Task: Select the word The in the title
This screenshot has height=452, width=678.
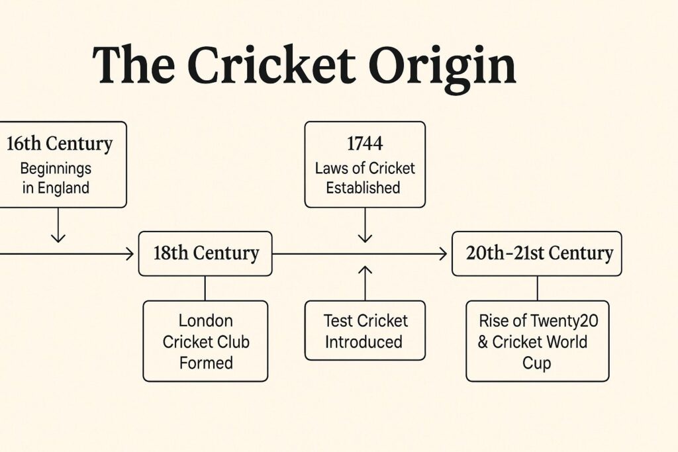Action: (x=133, y=66)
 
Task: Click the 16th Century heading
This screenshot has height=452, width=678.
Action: (x=60, y=144)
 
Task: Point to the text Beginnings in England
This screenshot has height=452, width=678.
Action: (x=56, y=177)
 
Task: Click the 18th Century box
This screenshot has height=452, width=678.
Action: (x=205, y=253)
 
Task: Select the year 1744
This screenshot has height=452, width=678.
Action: (x=365, y=144)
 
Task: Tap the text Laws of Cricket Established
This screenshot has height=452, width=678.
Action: (x=365, y=177)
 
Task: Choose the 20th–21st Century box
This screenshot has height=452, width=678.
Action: (x=536, y=253)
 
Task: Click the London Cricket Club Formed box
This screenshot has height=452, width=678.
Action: (x=205, y=341)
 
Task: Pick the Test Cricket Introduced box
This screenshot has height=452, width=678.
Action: (x=365, y=331)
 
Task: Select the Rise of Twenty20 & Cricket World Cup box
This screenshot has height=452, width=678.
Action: (x=537, y=341)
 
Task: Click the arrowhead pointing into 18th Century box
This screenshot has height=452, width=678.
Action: (x=130, y=253)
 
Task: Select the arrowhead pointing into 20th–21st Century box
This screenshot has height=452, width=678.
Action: (x=443, y=253)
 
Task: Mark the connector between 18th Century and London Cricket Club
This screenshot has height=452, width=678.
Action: (x=205, y=288)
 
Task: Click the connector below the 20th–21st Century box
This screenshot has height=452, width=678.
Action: (x=537, y=288)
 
